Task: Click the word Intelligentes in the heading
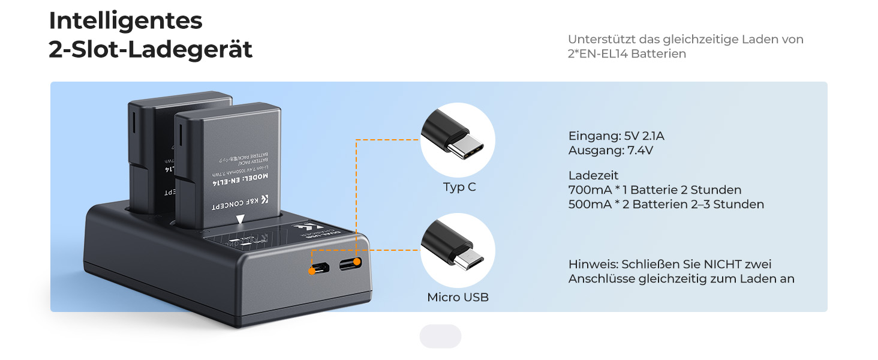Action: point(125,22)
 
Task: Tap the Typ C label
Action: point(459,187)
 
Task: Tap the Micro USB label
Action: point(458,298)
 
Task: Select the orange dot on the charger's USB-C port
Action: point(357,262)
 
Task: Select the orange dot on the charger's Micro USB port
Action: point(312,271)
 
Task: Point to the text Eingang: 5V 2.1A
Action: point(616,136)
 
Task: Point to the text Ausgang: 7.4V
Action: point(611,151)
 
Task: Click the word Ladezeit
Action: point(593,176)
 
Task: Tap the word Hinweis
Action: point(593,265)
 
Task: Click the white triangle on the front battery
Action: point(240,220)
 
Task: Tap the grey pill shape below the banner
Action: point(440,337)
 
